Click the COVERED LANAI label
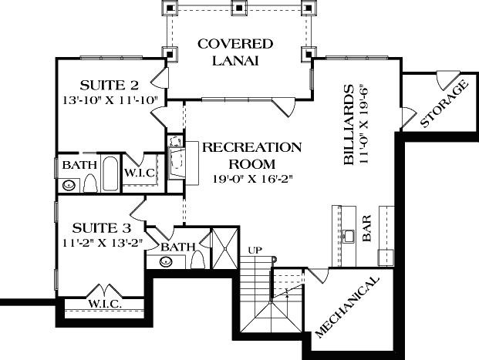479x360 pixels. [235, 52]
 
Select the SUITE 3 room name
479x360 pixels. [101, 228]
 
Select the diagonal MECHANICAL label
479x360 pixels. [348, 306]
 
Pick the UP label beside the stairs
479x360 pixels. [255, 249]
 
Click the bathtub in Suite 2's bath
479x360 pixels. [109, 174]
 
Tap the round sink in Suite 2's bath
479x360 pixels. [69, 185]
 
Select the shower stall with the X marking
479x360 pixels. [227, 248]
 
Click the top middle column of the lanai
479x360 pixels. [241, 8]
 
